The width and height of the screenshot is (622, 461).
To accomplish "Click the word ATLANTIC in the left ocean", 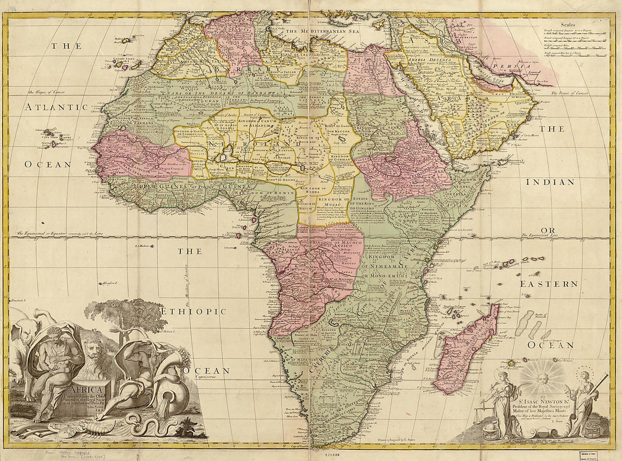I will tap(56, 107).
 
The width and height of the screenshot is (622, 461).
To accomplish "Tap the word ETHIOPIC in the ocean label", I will tap(193, 311).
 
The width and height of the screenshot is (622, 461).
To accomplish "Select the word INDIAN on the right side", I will tap(550, 182).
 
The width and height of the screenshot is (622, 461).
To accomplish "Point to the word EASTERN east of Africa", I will tap(549, 284).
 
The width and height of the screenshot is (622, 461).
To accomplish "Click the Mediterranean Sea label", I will tap(322, 32).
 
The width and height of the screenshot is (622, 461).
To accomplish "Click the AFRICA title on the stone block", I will tap(85, 389).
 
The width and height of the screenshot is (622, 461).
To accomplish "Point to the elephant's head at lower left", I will tap(23, 333).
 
